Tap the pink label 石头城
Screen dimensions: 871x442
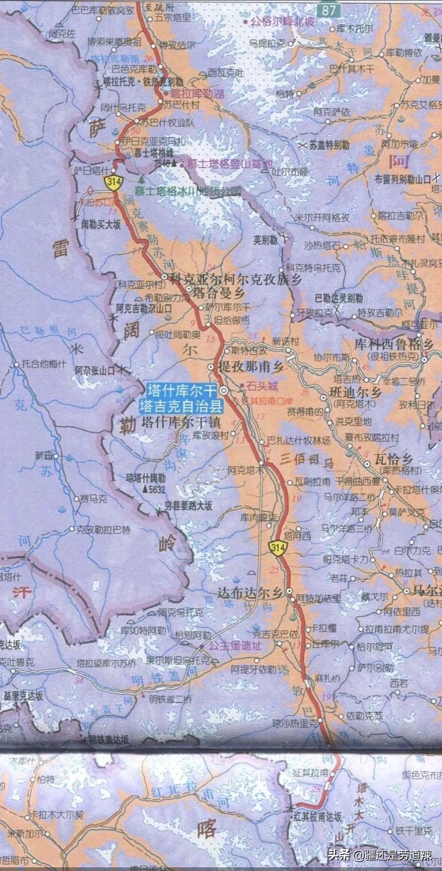(x=262, y=386)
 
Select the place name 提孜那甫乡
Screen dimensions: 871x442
(x=251, y=366)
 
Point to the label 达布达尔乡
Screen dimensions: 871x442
(x=250, y=593)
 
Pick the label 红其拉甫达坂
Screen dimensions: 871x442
(x=318, y=817)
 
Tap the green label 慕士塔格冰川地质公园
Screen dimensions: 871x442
(x=188, y=191)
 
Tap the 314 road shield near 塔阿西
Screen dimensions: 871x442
(x=277, y=548)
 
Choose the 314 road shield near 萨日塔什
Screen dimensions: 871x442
(x=113, y=182)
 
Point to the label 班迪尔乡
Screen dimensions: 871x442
(x=356, y=393)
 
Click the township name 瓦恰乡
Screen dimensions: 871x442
(x=394, y=458)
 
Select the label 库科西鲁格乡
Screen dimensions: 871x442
(x=394, y=344)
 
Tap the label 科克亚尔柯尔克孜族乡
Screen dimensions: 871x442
(x=236, y=280)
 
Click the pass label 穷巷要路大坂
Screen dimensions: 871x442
(x=188, y=506)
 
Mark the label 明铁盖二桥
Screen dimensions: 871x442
(x=170, y=699)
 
